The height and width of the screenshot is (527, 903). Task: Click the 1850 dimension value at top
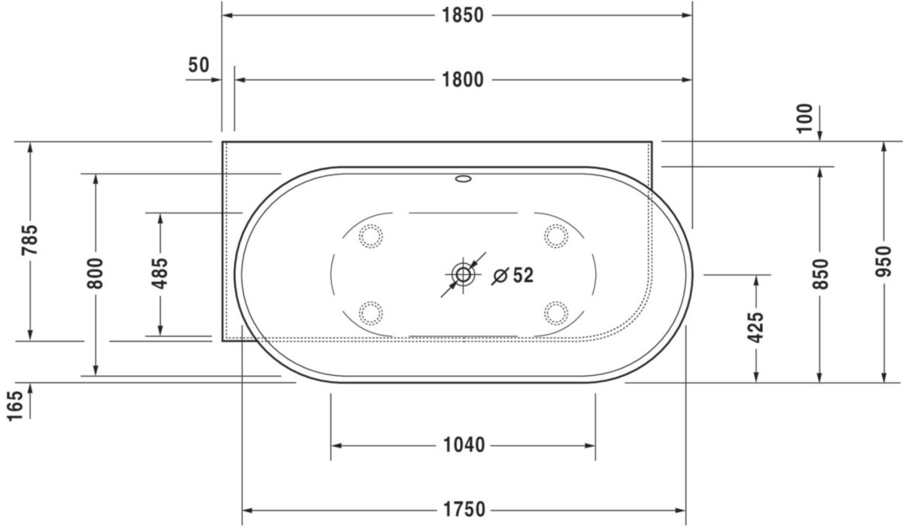click(462, 15)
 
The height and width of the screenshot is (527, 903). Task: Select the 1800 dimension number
click(462, 80)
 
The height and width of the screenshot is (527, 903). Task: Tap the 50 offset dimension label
click(199, 65)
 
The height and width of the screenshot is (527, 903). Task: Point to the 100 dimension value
click(804, 119)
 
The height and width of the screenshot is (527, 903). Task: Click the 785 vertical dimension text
click(30, 240)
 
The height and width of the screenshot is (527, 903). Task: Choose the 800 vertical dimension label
click(95, 274)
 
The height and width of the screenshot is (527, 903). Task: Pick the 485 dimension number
click(160, 274)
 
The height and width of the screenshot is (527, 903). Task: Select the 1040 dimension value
click(464, 446)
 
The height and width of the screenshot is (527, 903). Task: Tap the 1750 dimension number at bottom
click(464, 510)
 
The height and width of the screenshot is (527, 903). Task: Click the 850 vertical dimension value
click(820, 274)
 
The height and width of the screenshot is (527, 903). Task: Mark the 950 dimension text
click(884, 261)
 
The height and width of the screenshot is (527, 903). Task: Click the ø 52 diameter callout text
click(513, 276)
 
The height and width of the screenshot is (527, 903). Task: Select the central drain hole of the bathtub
click(462, 274)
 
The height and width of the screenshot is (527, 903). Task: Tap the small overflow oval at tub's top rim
click(463, 180)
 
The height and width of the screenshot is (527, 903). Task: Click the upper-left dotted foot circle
click(370, 236)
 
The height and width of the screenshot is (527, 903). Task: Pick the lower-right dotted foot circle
click(556, 312)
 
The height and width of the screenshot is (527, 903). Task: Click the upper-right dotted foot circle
click(556, 236)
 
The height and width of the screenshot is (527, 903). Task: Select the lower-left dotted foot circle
click(370, 312)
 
